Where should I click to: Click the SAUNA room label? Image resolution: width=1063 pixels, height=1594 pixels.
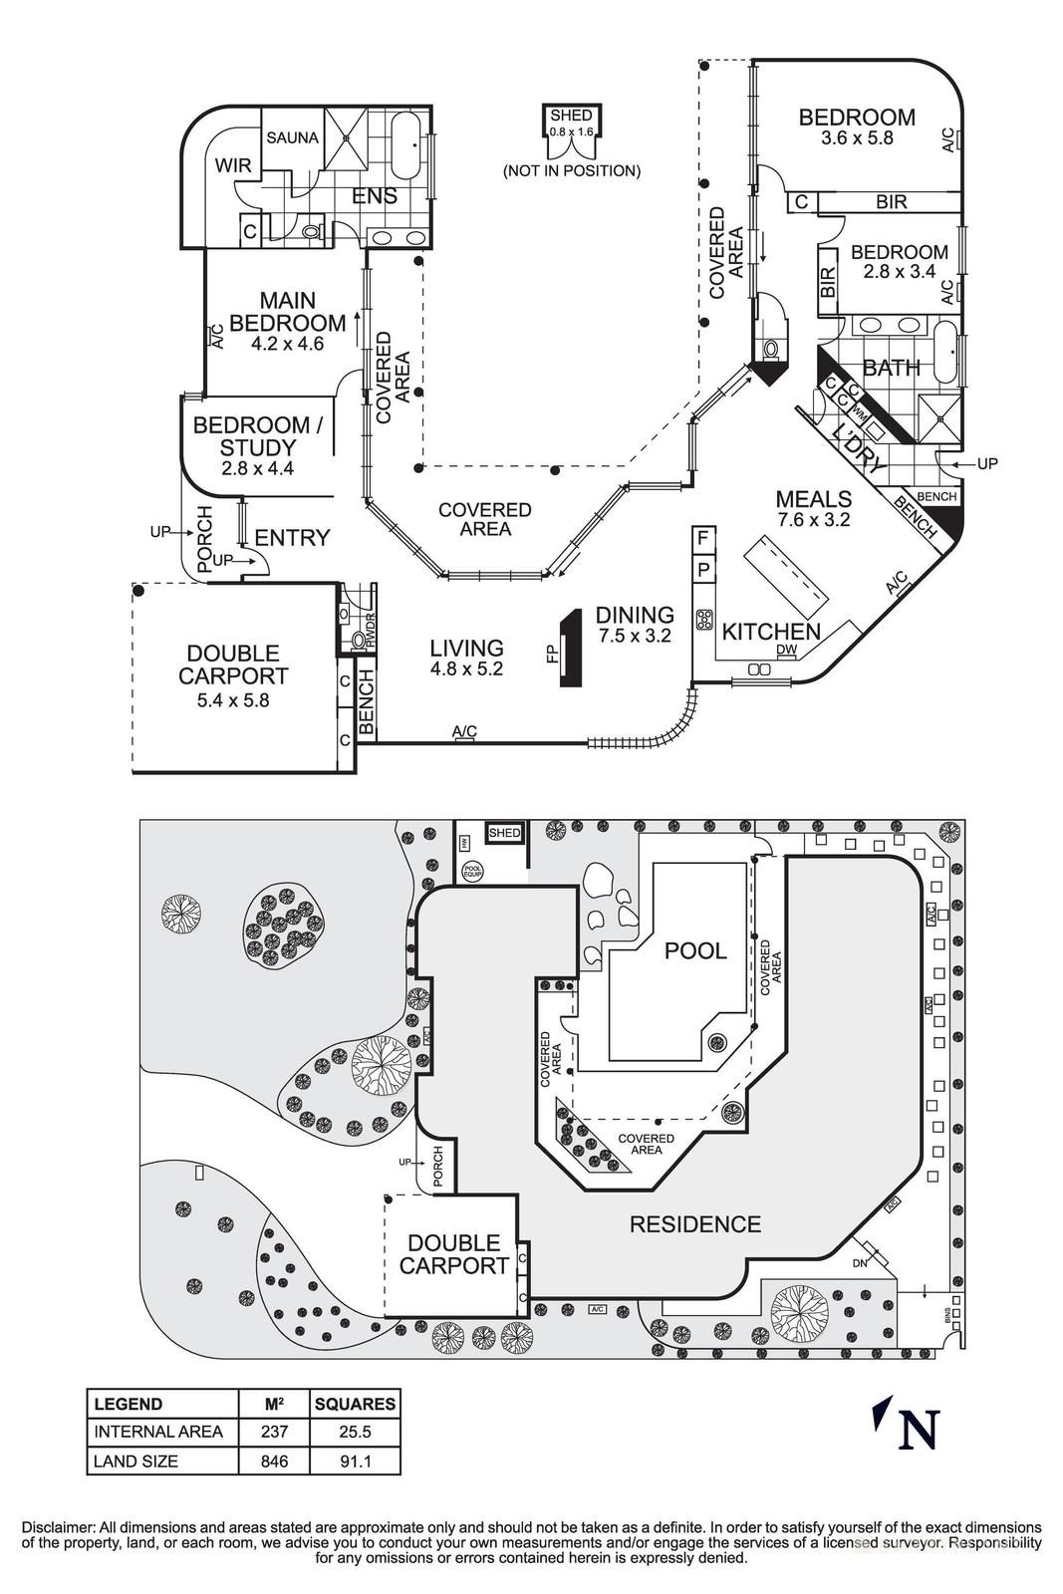tap(292, 137)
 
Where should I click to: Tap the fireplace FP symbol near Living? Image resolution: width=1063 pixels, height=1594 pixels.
tap(570, 650)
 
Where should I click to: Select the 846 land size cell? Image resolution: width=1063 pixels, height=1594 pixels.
tap(274, 1461)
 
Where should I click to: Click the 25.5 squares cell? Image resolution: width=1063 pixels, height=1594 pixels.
tap(355, 1432)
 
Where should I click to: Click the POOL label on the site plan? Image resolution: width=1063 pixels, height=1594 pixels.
tap(695, 950)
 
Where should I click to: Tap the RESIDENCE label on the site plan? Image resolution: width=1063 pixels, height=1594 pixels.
tap(694, 1224)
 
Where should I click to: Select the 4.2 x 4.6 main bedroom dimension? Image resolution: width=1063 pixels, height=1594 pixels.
tap(276, 345)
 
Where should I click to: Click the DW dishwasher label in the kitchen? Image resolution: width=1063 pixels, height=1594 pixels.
tap(787, 651)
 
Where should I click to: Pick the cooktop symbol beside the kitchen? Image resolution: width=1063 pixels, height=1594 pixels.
tap(703, 620)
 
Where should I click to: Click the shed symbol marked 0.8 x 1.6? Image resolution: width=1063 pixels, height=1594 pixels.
tap(572, 131)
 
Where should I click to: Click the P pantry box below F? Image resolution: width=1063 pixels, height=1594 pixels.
tap(702, 571)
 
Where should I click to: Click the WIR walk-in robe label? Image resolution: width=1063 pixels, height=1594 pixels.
tap(233, 165)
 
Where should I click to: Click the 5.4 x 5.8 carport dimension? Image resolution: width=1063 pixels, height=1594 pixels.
tap(233, 700)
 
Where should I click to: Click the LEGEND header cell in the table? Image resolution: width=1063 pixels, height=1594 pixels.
tap(128, 1404)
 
